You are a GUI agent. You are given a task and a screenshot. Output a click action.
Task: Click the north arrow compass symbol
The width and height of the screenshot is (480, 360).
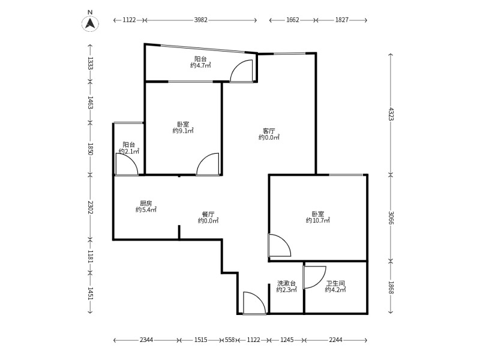coord(90,23)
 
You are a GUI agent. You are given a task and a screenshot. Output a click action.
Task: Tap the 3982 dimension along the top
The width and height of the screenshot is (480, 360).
coord(201,20)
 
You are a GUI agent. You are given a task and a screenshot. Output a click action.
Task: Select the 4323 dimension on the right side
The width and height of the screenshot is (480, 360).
coord(391,114)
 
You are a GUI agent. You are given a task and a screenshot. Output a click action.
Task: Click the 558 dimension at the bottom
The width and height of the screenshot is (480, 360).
coord(230,340)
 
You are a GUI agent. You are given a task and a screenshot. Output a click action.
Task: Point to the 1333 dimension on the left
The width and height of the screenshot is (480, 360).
coord(90,63)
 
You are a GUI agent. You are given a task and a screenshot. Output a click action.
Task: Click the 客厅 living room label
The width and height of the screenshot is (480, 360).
coord(269,131)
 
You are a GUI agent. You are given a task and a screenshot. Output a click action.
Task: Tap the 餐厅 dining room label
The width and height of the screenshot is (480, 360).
coord(208,214)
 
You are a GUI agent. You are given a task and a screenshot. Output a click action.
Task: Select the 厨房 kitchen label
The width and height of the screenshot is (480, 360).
coord(146,203)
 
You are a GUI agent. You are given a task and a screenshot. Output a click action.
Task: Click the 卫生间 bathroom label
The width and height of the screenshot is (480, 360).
coord(335,283)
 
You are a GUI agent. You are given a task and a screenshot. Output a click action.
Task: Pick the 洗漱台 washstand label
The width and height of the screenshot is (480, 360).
coord(286,283)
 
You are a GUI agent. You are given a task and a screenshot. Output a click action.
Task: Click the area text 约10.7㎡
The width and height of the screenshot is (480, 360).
coord(318,220)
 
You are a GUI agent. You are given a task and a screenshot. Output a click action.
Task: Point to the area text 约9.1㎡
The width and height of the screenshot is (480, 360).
coord(183,131)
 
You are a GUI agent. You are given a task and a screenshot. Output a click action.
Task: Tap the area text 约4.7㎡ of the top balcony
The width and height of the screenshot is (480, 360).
coord(200,65)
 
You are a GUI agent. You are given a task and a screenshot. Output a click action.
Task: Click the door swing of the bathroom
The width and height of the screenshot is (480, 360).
coord(314,277)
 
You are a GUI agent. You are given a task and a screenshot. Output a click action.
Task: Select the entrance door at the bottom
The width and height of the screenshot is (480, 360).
coord(254,303)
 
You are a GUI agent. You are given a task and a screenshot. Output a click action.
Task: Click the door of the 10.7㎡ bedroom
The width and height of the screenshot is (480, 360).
coord(279,245)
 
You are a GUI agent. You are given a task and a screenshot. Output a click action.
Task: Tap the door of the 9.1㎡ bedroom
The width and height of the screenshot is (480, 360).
coord(208,164)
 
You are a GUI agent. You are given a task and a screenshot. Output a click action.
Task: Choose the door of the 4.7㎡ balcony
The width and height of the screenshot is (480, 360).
coord(242,71)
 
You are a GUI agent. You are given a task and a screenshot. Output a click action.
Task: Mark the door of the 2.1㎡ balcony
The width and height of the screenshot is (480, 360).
coord(127,164)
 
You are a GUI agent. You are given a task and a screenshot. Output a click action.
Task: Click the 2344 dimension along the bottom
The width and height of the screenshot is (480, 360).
coord(146,340)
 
